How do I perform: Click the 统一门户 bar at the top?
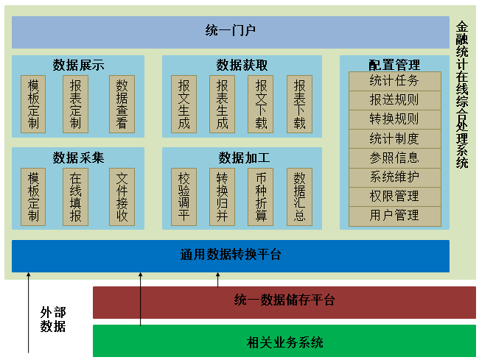[x=231, y=32]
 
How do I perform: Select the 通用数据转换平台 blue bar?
[x=231, y=255]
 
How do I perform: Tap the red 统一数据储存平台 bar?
[x=284, y=300]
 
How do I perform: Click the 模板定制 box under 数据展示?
[x=33, y=104]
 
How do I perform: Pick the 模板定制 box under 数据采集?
[x=33, y=197]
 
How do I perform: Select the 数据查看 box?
[x=122, y=104]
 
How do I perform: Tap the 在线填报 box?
[x=75, y=197]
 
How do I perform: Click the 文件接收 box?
[x=122, y=197]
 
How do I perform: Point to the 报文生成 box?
[x=183, y=104]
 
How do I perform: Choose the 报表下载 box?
[x=299, y=104]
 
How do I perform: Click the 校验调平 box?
[x=183, y=197]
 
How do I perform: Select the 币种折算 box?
[x=260, y=197]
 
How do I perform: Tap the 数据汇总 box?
[x=299, y=197]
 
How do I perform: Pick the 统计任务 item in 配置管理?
[x=394, y=80]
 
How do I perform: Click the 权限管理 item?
[x=394, y=197]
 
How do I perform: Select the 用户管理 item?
[x=394, y=216]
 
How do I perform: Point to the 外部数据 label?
[x=53, y=319]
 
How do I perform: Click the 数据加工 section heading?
[x=242, y=158]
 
